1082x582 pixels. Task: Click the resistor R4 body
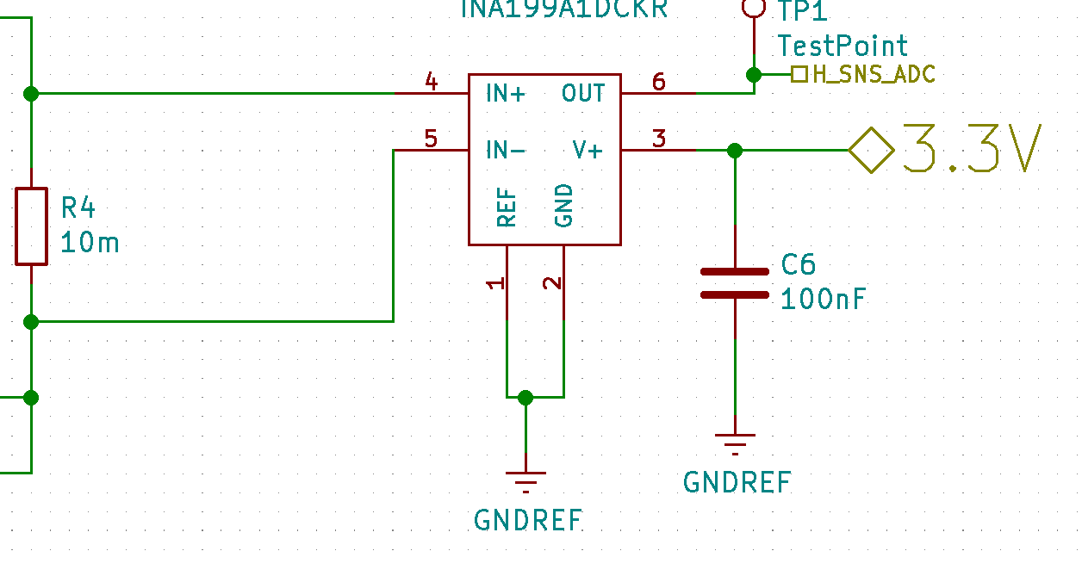[x=31, y=226]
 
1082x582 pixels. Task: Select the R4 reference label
[x=78, y=207]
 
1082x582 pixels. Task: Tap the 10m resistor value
[x=90, y=244]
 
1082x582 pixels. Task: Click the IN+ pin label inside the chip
[x=506, y=94]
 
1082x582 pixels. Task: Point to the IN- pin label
[x=506, y=151]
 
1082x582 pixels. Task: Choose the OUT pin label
[x=583, y=93]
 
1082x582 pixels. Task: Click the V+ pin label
[x=588, y=151]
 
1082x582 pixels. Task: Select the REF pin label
[x=507, y=207]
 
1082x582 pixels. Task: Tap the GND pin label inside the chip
[x=564, y=205]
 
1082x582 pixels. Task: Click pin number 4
[x=432, y=83]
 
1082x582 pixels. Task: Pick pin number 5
[x=432, y=139]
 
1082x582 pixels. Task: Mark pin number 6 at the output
[x=659, y=83]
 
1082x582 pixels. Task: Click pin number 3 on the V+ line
[x=659, y=139]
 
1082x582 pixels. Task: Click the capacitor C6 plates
[x=735, y=283]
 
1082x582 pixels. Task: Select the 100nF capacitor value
[x=823, y=300]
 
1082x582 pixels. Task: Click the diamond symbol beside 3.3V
[x=871, y=151]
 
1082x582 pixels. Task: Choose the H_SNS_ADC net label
[x=873, y=75]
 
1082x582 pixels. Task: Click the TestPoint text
[x=843, y=46]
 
